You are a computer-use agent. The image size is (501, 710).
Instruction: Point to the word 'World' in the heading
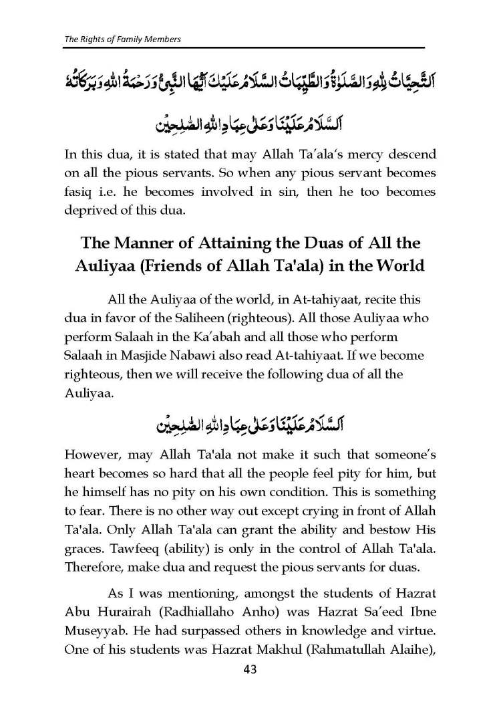point(394,265)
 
